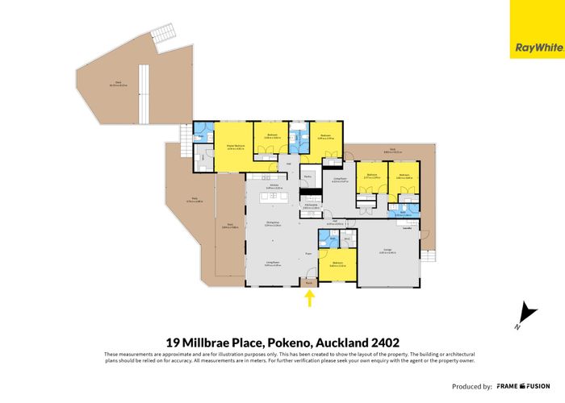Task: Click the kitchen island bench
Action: [x=275, y=197]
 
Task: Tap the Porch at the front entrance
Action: [x=309, y=282]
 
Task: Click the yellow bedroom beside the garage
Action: [x=337, y=267]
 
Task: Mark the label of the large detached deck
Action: [x=118, y=85]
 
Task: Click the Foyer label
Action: [x=308, y=254]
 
